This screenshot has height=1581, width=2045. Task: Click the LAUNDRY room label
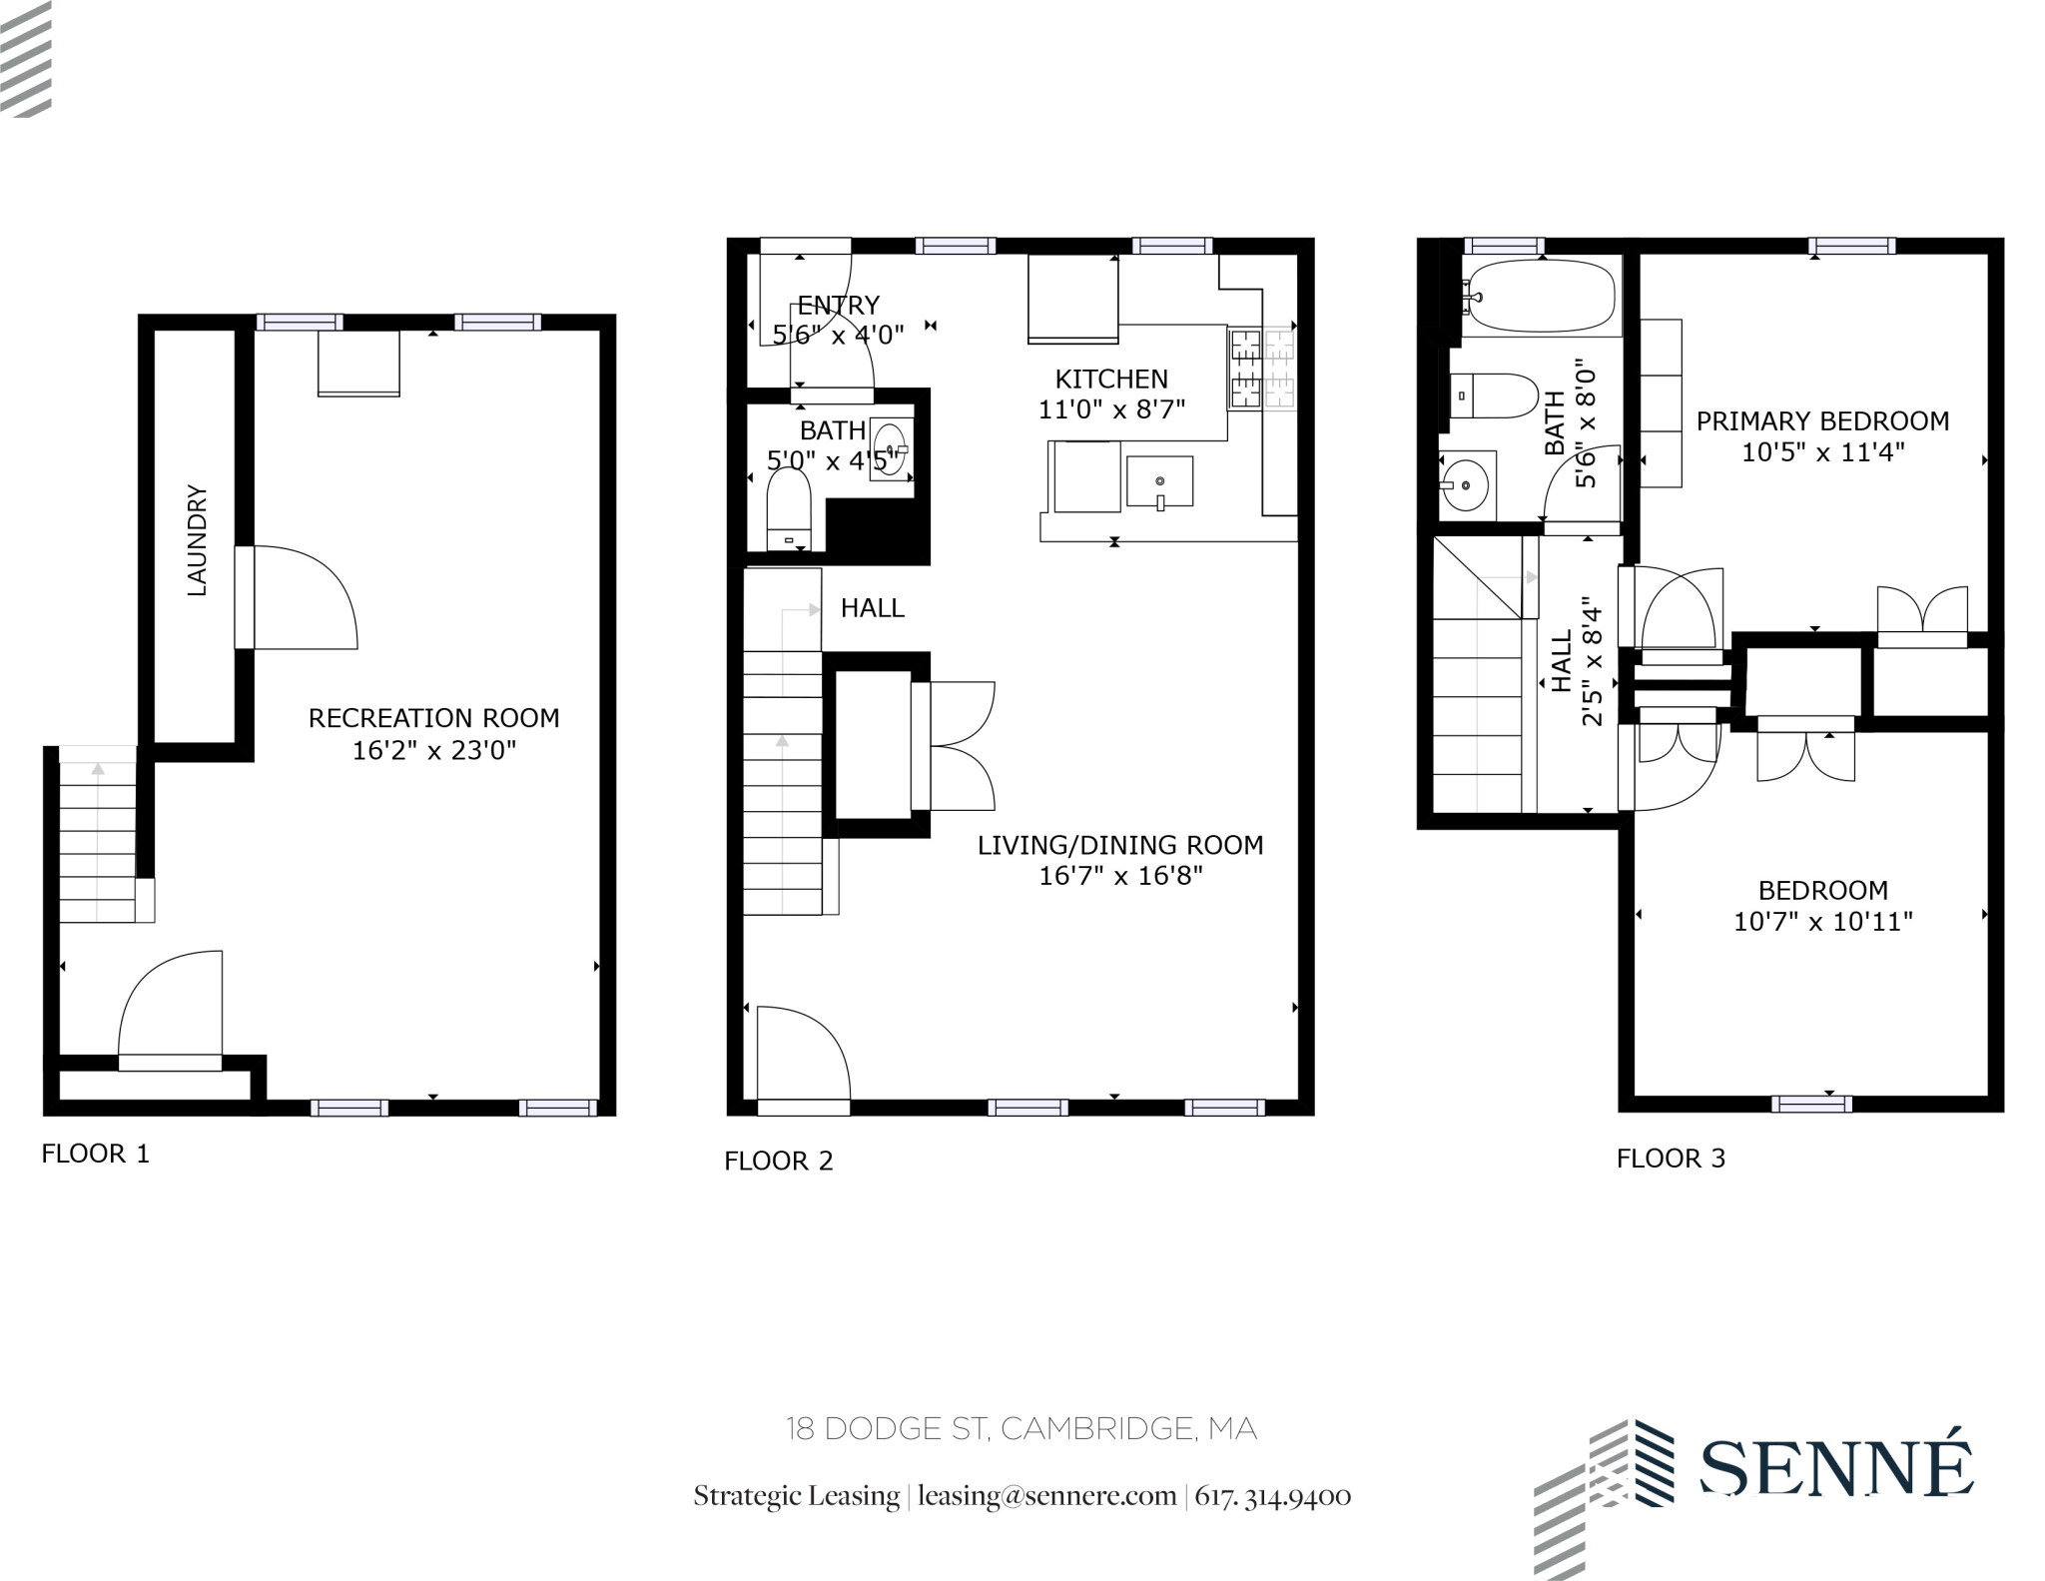coord(197,540)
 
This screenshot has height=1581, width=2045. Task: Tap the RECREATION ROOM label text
coord(433,718)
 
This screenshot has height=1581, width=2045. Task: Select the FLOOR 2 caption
coord(778,1161)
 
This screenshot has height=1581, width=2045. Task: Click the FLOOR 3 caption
coord(1671,1158)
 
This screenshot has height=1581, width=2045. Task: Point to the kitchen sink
coord(1159,481)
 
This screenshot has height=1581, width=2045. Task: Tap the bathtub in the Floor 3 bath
coord(1538,296)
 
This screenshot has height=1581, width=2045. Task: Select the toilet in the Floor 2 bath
coord(788,509)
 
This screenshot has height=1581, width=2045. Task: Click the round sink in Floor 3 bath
coord(1464,485)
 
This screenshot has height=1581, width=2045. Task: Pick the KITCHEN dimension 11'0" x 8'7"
coord(1111,409)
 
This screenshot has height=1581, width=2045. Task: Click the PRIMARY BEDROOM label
coord(1822,421)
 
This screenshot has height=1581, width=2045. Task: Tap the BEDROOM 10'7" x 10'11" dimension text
coord(1822,921)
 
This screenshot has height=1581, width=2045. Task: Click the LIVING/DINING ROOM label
coord(1119,845)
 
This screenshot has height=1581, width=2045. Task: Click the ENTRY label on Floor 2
coord(838,305)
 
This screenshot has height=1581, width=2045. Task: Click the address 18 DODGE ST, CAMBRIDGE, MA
coord(1021,1428)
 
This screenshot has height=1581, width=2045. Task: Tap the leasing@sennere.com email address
coord(1046,1496)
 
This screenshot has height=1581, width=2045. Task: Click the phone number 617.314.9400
coord(1272,1496)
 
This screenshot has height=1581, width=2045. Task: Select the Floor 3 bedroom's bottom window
coord(1811,1104)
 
